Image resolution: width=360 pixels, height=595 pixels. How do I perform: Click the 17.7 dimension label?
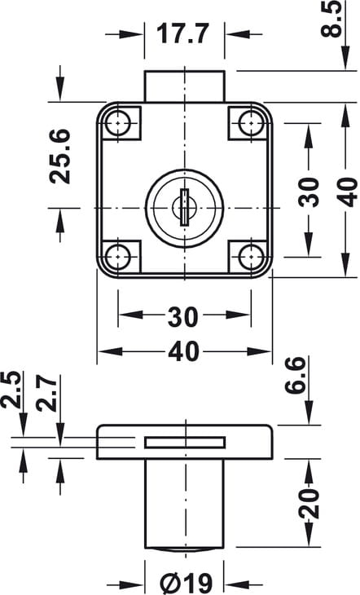coord(182,33)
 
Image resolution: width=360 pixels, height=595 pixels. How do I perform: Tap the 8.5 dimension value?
coord(331,19)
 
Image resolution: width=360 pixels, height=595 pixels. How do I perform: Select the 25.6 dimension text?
coord(61,156)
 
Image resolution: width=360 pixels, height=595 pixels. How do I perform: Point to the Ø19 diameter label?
coord(186,584)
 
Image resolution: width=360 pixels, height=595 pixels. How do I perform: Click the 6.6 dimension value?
coord(295,375)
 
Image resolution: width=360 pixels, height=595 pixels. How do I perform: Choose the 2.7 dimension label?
coord(47,393)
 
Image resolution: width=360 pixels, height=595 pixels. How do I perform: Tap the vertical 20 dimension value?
coord(309,503)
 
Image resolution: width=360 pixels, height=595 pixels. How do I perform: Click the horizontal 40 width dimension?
coord(184,351)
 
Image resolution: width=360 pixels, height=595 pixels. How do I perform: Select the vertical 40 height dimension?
coord(347,192)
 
